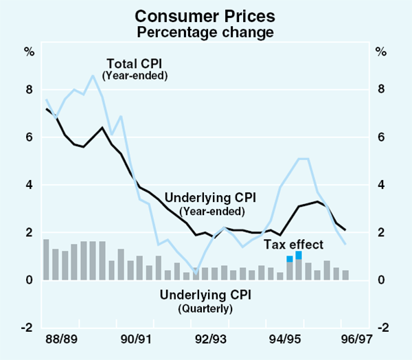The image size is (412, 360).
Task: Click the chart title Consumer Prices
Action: pos(205,16)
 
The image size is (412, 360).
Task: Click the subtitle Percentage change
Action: pos(205,32)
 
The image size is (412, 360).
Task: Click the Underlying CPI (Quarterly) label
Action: pos(205,296)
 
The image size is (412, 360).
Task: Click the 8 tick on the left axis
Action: pos(29,89)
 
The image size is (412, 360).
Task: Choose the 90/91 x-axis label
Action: pos(135,339)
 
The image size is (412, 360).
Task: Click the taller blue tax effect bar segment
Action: pos(299,255)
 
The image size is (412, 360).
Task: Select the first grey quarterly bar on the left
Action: pos(46,260)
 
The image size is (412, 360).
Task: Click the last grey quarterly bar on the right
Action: pos(345,275)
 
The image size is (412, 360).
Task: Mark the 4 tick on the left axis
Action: pos(29,185)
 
